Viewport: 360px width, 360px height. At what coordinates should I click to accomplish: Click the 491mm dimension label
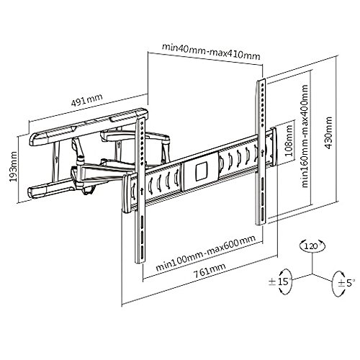(87, 99)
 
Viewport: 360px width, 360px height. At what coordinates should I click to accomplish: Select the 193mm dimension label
(13, 166)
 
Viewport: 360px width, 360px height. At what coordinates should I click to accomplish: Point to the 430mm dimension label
(328, 132)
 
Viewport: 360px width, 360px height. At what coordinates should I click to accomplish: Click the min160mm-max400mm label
(305, 136)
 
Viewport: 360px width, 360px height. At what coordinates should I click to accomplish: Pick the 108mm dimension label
(289, 141)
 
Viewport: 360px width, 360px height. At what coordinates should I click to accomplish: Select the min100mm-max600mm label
(206, 253)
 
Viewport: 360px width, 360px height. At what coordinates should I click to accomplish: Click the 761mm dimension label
(210, 271)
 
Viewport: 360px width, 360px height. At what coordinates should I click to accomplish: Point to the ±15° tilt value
(280, 282)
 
